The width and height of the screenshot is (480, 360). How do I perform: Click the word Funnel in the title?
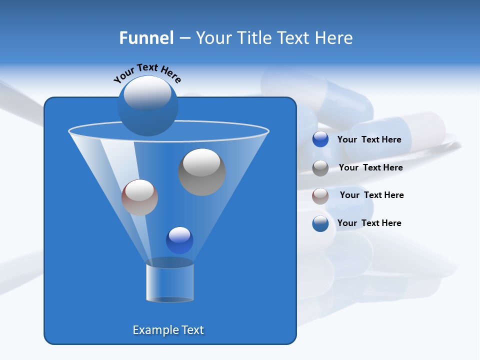click(146, 38)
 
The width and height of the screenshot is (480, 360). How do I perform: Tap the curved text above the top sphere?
click(147, 73)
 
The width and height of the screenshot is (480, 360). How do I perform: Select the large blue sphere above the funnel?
click(147, 106)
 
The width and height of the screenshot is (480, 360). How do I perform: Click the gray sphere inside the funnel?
click(202, 172)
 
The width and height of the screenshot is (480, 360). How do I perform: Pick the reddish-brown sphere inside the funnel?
click(139, 197)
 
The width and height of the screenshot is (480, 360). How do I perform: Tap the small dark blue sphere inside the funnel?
click(179, 240)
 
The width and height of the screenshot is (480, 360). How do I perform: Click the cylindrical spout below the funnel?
click(170, 282)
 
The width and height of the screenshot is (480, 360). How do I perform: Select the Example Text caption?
click(168, 330)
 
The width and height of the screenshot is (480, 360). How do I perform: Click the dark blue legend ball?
click(320, 139)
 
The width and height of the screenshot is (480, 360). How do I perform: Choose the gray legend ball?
click(320, 168)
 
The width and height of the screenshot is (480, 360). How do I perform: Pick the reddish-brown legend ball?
click(320, 196)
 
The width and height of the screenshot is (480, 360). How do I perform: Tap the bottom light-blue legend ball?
click(320, 223)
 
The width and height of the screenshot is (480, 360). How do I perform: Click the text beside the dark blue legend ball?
click(369, 140)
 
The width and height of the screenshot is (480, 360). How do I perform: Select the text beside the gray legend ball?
click(370, 168)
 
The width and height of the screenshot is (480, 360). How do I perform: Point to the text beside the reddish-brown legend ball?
click(371, 195)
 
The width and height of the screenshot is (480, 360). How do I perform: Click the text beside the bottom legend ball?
click(369, 223)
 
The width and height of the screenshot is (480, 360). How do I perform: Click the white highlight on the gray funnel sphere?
click(202, 162)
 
